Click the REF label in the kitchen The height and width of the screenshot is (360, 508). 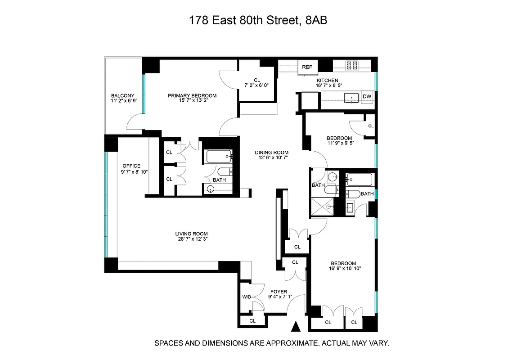click(x=307, y=67)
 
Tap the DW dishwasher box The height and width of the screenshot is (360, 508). click(x=367, y=96)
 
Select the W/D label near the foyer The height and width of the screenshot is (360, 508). click(x=247, y=297)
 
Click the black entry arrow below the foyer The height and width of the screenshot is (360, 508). click(x=296, y=326)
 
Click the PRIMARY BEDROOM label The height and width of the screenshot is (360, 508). click(x=192, y=95)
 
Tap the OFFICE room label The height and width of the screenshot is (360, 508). click(x=131, y=166)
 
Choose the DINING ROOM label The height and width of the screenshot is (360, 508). click(x=271, y=153)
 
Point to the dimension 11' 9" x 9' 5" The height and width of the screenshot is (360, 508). click(x=339, y=144)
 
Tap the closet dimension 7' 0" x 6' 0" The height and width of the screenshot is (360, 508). click(x=256, y=85)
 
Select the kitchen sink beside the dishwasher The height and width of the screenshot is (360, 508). click(x=351, y=97)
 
